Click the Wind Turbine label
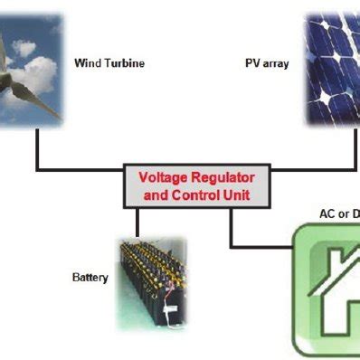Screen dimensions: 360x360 point(109,63)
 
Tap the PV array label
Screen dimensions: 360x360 point(267,64)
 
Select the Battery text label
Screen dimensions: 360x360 point(90,277)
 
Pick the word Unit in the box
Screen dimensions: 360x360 point(236,194)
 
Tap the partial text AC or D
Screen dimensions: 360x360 point(339,213)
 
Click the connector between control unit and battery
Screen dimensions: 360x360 point(137,222)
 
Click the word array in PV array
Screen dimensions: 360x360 point(276,64)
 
